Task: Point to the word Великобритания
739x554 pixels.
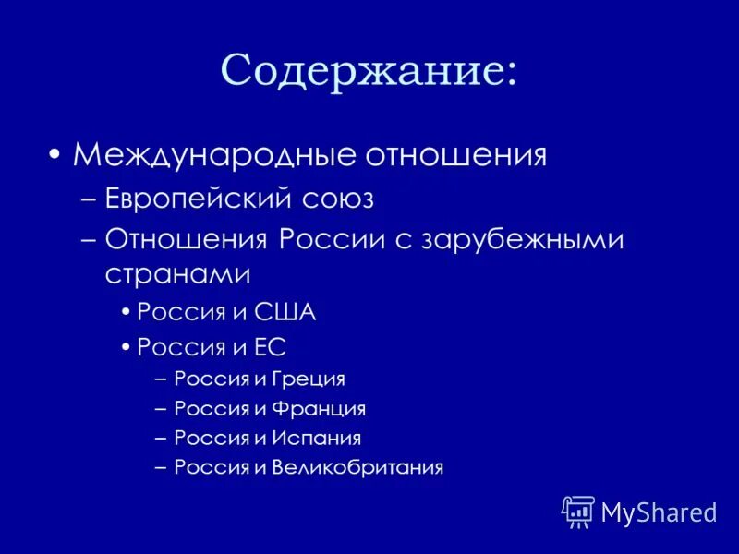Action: point(357,467)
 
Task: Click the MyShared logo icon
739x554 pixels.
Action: point(577,512)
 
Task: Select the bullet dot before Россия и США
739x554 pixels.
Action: point(126,313)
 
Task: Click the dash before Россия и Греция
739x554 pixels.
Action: point(162,379)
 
